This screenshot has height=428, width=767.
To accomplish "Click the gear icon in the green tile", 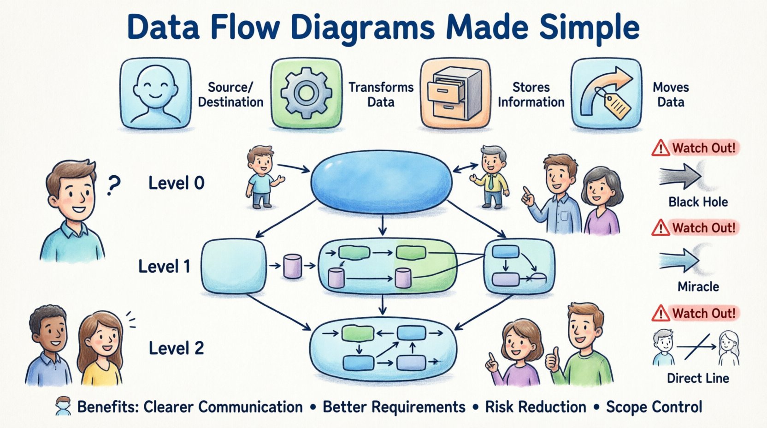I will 306,93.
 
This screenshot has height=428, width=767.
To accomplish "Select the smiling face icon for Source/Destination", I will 155,93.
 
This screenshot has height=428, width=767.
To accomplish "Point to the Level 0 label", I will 176,183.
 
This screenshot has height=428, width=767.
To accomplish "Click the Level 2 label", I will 176,348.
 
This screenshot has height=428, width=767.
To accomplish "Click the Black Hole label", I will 698,202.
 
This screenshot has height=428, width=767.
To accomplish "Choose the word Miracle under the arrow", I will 698,286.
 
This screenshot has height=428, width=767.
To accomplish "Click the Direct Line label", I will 698,379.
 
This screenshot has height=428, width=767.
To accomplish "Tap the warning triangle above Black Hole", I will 661,148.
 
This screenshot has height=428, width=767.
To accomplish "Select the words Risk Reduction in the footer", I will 536,407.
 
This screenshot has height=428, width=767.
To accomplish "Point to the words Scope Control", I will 654,407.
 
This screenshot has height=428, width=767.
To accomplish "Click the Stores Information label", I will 531,95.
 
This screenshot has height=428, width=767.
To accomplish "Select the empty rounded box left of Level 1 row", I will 234,266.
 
